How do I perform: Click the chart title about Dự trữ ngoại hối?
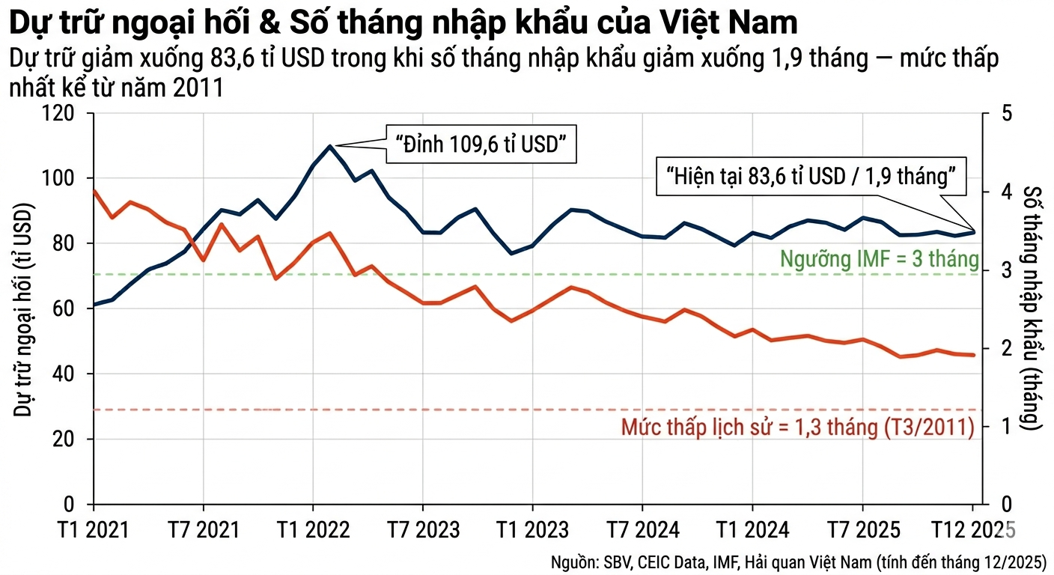pos(403,23)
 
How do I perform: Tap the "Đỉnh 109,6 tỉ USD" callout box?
pos(481,144)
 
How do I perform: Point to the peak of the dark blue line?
pos(330,146)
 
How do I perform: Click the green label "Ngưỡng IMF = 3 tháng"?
pos(879,259)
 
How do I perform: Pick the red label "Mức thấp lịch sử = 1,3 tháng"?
pos(797,428)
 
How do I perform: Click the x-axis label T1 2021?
pos(94,530)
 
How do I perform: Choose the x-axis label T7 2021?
pos(203,530)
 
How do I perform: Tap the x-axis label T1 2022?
pos(313,530)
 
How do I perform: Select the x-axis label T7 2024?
pos(643,530)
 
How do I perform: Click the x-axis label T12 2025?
pos(972,530)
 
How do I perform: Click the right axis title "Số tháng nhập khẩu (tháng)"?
pos(1033,307)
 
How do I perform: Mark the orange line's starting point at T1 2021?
pos(94,191)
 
